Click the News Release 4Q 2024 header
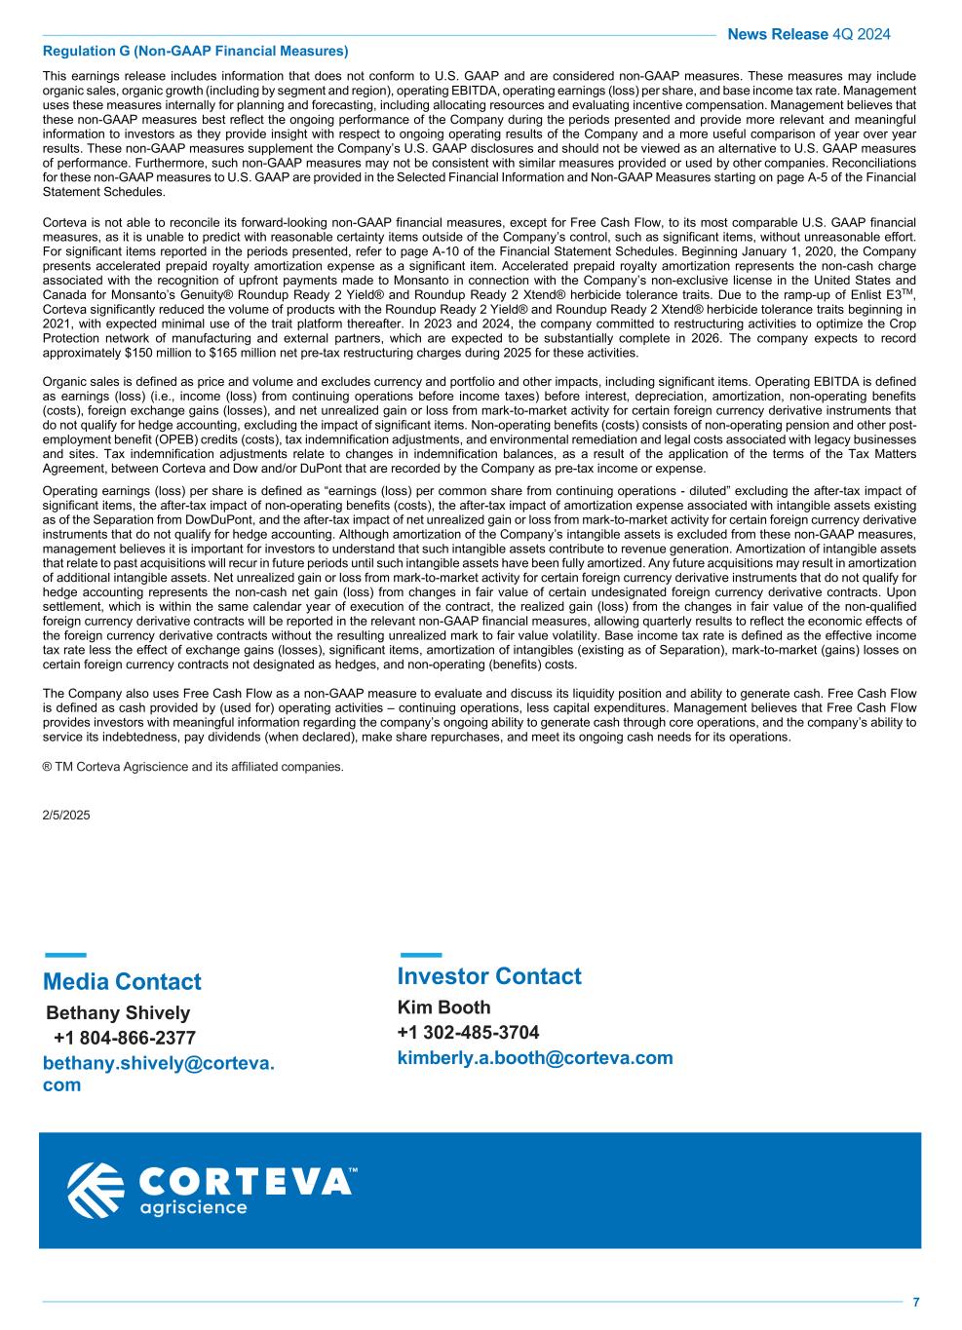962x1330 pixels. (x=808, y=35)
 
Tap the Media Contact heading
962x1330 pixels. (x=122, y=982)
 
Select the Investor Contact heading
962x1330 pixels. (x=489, y=976)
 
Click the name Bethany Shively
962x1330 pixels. (x=118, y=1013)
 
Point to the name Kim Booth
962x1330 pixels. (x=443, y=1007)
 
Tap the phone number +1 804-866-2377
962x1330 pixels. (x=125, y=1038)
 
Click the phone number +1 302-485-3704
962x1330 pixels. (x=468, y=1033)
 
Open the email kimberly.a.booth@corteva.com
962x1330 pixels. (x=535, y=1058)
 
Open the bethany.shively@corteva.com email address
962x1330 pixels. (x=158, y=1075)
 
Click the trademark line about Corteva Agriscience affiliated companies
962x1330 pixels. (x=193, y=767)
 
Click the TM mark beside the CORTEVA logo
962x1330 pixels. (x=353, y=1170)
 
